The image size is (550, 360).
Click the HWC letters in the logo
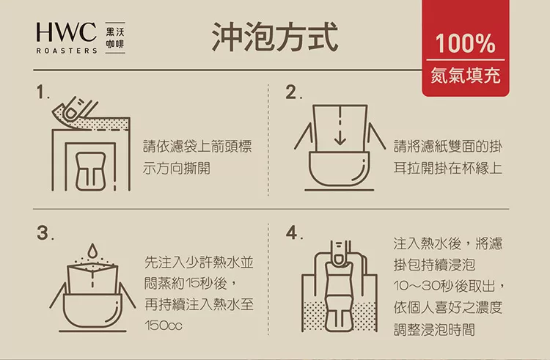66,32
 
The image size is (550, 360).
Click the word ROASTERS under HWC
66,52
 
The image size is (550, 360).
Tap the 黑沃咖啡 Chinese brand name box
114,37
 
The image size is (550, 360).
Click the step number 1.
43,93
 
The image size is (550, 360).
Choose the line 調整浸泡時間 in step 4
433,329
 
